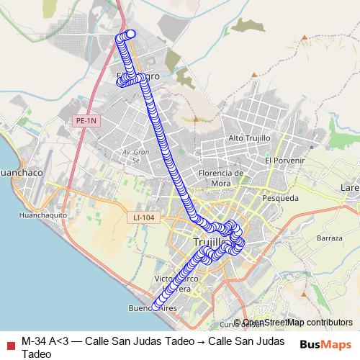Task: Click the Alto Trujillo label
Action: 248,138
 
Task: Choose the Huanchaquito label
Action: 43,215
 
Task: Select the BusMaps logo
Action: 325,343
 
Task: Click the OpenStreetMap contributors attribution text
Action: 297,323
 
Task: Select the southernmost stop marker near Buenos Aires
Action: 154,307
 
